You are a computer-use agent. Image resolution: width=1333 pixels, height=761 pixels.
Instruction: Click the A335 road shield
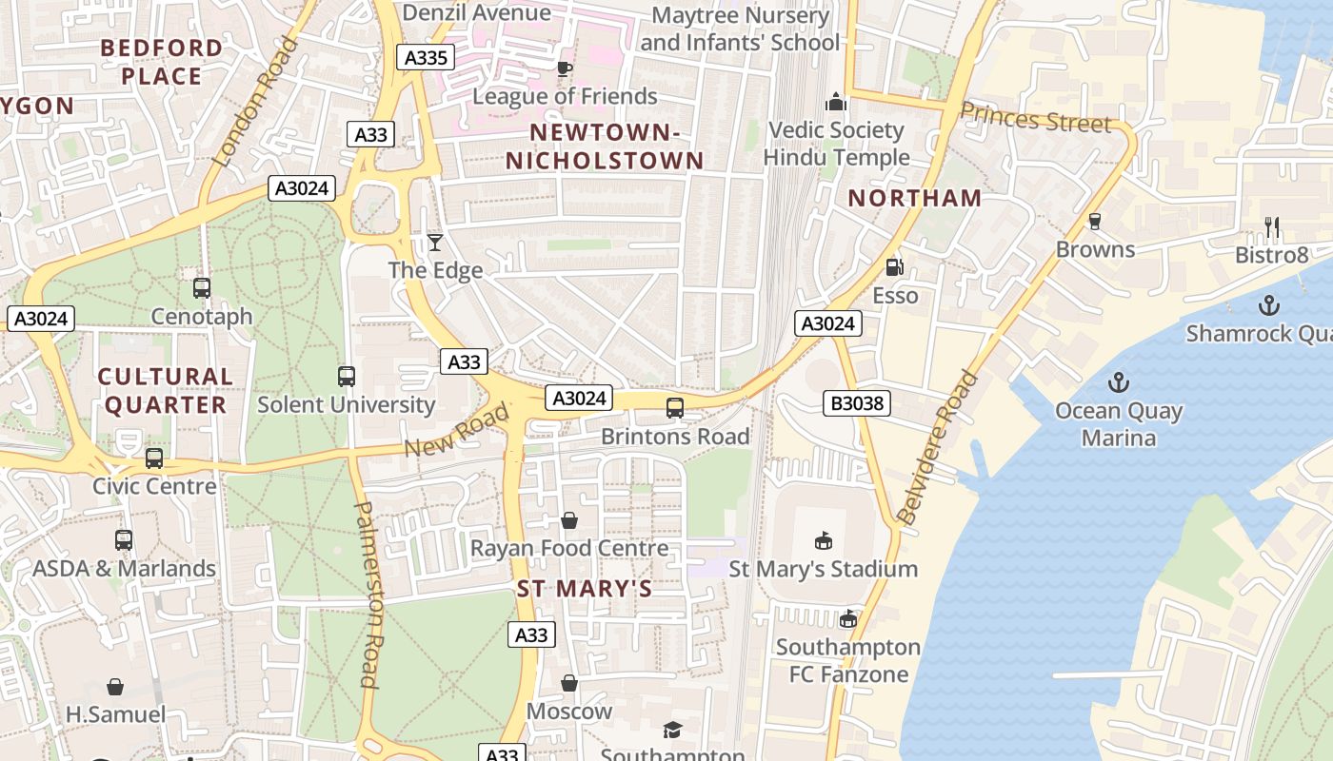click(426, 58)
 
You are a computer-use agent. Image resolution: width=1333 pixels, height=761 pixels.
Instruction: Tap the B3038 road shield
click(857, 403)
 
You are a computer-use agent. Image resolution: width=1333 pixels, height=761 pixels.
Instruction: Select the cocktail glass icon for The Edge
click(435, 243)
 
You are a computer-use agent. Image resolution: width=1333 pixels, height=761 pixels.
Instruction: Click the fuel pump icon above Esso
click(894, 267)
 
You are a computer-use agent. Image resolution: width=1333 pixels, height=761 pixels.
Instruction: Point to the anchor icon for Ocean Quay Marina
click(1119, 383)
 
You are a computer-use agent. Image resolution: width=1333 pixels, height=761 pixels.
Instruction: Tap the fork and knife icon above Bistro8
click(1271, 226)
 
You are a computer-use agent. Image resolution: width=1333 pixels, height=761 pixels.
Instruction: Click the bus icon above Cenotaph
click(201, 287)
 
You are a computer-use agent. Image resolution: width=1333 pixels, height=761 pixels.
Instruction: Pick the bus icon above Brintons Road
click(675, 408)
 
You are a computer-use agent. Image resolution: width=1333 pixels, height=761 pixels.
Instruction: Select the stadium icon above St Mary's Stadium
click(824, 541)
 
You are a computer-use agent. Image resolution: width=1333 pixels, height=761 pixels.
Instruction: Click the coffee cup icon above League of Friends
click(565, 68)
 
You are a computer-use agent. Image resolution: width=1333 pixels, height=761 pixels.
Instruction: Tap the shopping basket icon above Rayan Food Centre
click(568, 520)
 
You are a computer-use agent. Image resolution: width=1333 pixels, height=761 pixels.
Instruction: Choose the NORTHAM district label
click(914, 198)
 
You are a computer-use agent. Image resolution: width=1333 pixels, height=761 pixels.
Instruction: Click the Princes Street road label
click(1035, 118)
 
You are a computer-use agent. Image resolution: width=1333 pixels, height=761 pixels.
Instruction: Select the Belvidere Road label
click(937, 447)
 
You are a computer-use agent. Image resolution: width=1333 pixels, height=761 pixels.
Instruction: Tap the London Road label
click(252, 103)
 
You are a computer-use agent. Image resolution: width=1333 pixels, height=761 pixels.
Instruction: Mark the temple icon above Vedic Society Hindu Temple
click(836, 102)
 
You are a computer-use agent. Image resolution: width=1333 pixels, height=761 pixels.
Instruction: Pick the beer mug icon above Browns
click(1095, 222)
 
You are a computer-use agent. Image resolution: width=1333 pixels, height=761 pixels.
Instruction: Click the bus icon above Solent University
click(347, 377)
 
